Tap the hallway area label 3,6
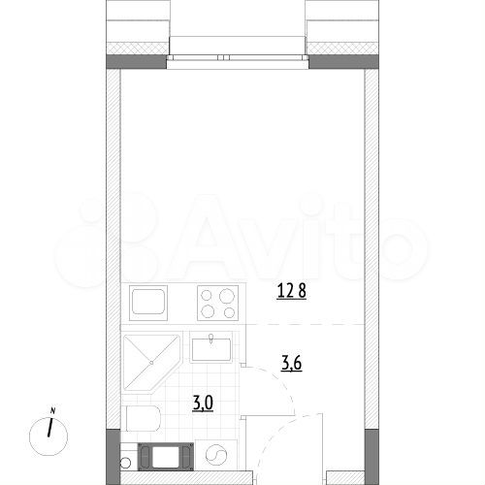(x=291, y=364)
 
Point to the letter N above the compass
(x=53, y=409)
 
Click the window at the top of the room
(x=238, y=48)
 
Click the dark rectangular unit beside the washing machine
(x=165, y=456)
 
